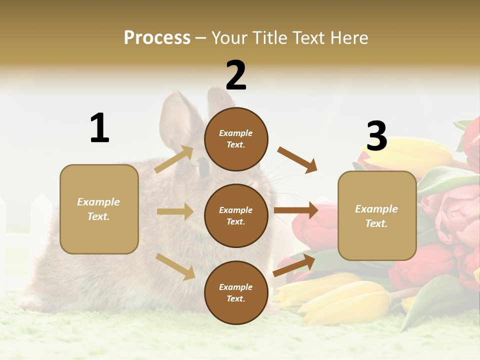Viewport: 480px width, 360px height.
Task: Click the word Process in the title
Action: (x=157, y=38)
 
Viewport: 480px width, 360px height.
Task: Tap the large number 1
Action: (x=99, y=128)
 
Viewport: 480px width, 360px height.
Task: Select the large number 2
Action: (x=236, y=75)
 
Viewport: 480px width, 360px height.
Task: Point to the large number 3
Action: (x=376, y=136)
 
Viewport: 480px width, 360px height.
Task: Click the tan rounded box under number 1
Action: (x=99, y=209)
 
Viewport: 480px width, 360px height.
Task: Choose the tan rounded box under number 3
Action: (x=377, y=216)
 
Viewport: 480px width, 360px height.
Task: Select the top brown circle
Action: (x=236, y=139)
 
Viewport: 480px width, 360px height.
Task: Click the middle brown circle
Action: (x=236, y=215)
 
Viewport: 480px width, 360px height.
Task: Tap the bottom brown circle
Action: (x=236, y=292)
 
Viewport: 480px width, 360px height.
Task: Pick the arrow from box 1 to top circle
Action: (x=174, y=159)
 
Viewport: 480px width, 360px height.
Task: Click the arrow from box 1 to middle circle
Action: (x=174, y=211)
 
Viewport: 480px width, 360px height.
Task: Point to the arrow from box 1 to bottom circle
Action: (x=175, y=266)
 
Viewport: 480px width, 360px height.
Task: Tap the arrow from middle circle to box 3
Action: (x=296, y=210)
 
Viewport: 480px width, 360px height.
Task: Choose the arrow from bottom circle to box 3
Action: (x=294, y=265)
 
